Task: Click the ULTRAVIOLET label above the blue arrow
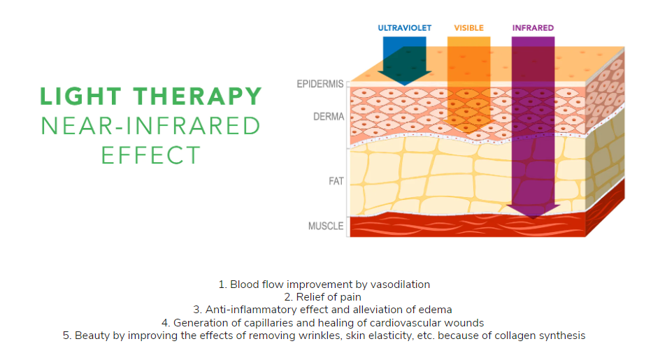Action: [405, 28]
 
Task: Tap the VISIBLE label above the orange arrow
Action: [468, 28]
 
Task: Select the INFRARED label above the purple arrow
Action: [533, 28]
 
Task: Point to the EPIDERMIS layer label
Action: [320, 85]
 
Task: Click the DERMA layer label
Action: [329, 116]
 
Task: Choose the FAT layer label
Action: [336, 181]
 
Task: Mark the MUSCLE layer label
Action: [326, 226]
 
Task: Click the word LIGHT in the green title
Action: [78, 96]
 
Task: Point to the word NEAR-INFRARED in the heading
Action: [150, 126]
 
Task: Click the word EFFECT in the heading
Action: [150, 154]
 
